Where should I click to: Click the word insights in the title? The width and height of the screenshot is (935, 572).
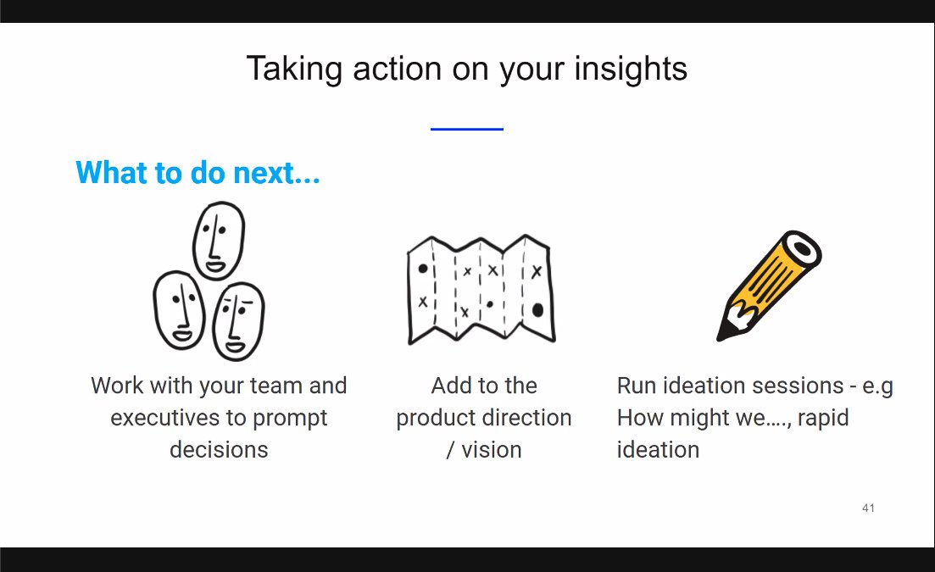(631, 69)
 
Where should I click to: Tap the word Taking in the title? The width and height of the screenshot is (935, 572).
(295, 69)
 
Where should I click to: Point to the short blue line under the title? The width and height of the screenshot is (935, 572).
(467, 129)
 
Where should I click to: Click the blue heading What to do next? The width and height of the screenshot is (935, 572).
(198, 173)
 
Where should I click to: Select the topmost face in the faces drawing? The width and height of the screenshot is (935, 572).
(218, 240)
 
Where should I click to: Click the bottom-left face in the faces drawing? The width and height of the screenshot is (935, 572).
(180, 310)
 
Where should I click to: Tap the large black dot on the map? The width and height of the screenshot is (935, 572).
(537, 310)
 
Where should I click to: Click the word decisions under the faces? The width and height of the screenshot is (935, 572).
(219, 450)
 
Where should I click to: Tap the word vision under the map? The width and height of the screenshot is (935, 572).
(492, 450)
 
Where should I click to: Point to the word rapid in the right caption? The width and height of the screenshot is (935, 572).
(822, 419)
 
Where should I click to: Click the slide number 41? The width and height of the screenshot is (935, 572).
(868, 508)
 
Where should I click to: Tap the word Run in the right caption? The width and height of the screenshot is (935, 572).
(637, 386)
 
